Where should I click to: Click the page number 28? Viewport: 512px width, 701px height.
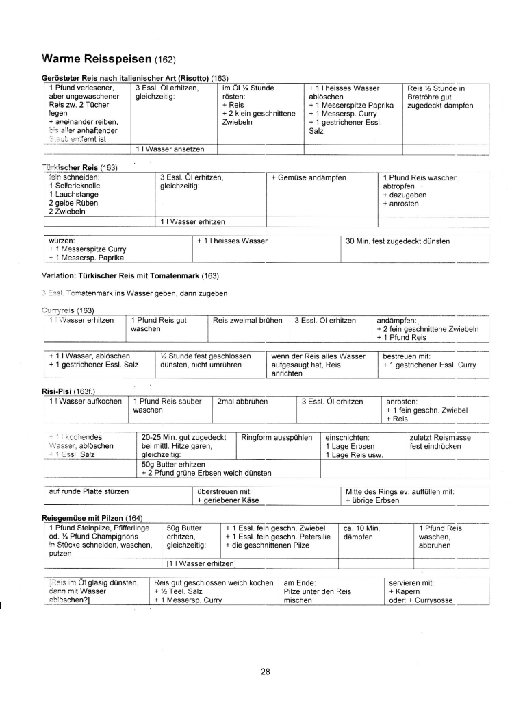266,671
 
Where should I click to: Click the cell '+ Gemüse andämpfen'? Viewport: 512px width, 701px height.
309,177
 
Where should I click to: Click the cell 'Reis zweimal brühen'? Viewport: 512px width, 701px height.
247,320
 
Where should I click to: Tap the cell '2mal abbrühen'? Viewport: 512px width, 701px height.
240,401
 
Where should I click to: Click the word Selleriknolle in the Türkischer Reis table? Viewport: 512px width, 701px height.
75,186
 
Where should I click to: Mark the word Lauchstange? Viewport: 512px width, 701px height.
74,195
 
